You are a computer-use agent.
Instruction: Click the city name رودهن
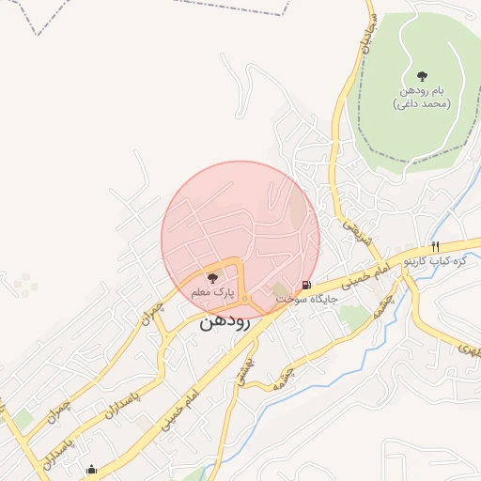(224, 321)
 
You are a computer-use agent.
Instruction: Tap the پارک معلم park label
(211, 293)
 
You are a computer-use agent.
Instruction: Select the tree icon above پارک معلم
(211, 278)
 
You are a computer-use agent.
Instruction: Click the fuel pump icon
(307, 285)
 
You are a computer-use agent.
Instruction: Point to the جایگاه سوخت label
(306, 299)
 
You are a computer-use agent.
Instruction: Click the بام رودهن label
(422, 91)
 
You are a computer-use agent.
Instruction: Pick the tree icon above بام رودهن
(422, 75)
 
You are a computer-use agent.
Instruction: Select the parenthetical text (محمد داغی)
(422, 103)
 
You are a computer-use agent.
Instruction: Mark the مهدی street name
(468, 349)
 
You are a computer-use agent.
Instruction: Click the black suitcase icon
(90, 470)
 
